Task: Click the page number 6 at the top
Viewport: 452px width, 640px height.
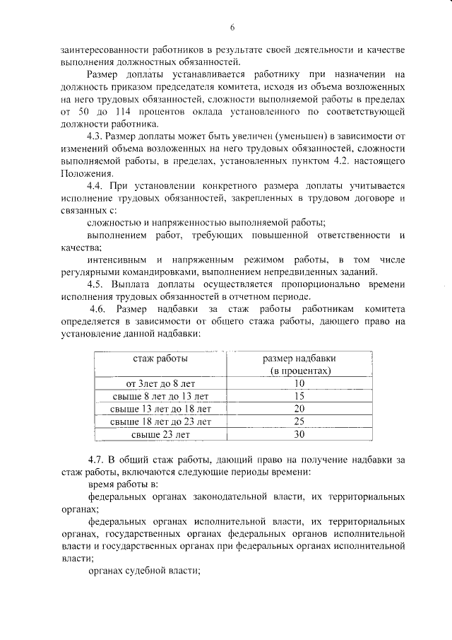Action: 231,28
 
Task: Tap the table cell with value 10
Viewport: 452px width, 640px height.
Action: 299,383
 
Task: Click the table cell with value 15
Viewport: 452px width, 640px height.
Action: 299,396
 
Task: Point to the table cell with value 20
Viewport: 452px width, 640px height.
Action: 299,409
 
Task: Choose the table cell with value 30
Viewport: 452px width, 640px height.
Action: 299,434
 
